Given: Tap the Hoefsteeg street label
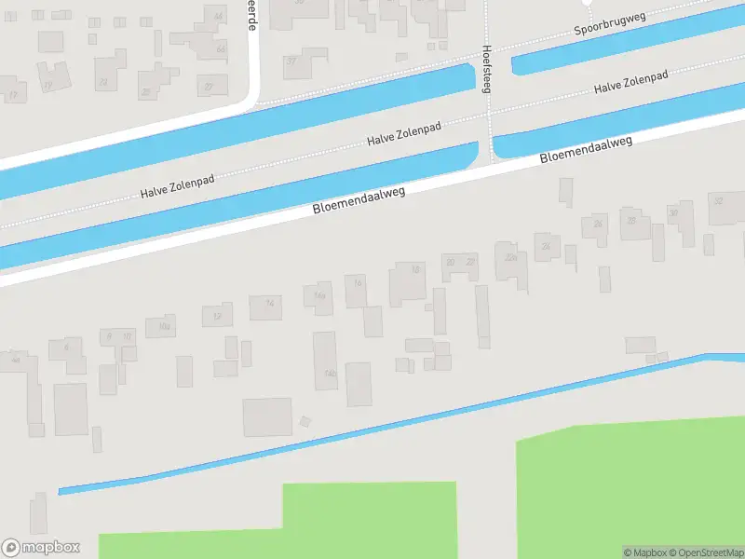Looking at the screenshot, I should pyautogui.click(x=486, y=69).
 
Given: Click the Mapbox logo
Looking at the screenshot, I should pyautogui.click(x=40, y=548).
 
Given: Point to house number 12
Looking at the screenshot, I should pyautogui.click(x=217, y=316).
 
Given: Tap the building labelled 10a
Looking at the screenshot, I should pyautogui.click(x=164, y=326).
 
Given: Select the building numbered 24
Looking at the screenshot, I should pyautogui.click(x=546, y=246).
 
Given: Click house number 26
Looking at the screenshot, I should pyautogui.click(x=598, y=225).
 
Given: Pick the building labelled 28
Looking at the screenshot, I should pyautogui.click(x=631, y=222).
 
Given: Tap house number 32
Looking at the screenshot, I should pyautogui.click(x=718, y=201).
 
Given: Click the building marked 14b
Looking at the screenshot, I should pyautogui.click(x=328, y=373).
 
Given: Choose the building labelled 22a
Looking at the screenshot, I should pyautogui.click(x=509, y=256).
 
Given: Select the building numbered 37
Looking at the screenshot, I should pyautogui.click(x=291, y=61).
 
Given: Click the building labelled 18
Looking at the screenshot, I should pyautogui.click(x=415, y=270).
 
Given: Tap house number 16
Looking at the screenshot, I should pyautogui.click(x=357, y=282).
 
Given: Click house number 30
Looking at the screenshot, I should pyautogui.click(x=673, y=213).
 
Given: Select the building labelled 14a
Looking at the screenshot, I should pyautogui.click(x=319, y=295).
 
